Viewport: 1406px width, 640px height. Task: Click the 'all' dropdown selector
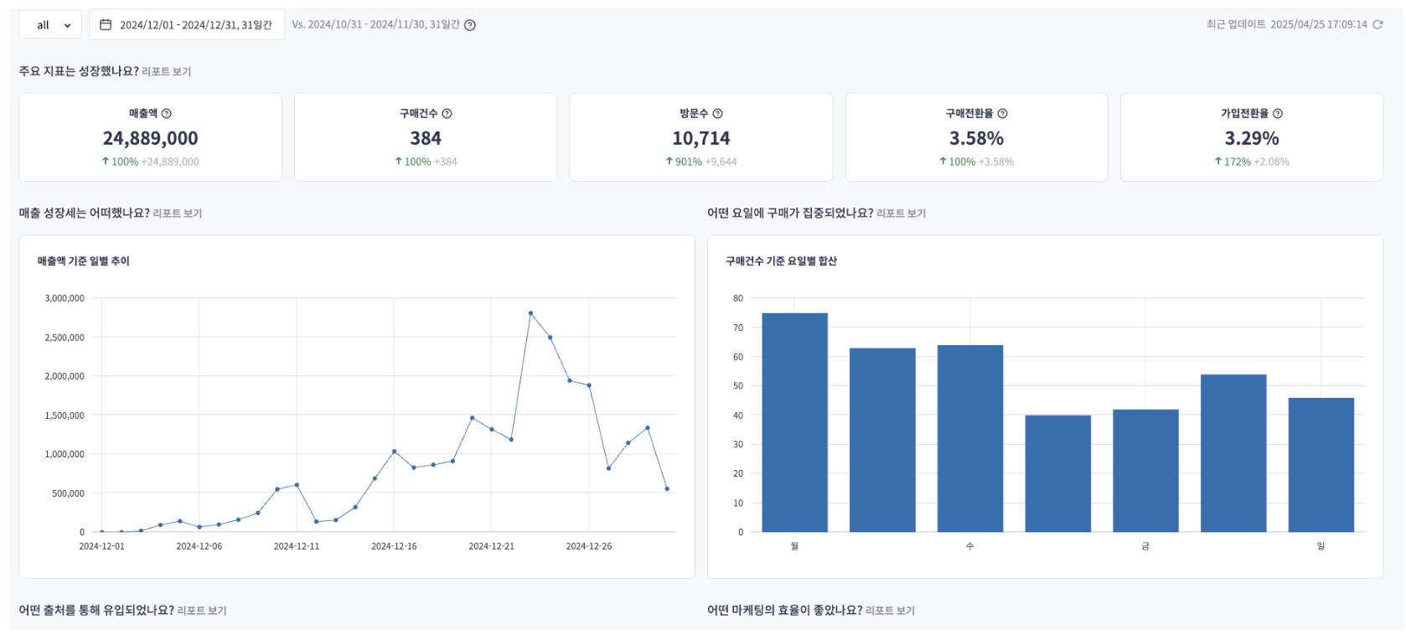click(x=50, y=25)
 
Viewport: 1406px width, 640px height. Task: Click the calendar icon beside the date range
click(x=106, y=25)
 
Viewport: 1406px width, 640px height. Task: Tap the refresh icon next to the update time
click(x=1378, y=24)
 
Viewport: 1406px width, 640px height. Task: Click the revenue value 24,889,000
click(x=150, y=138)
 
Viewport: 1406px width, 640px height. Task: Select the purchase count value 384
click(x=426, y=138)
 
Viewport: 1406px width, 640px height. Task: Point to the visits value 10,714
click(x=700, y=138)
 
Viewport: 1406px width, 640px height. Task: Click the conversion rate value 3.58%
click(x=976, y=138)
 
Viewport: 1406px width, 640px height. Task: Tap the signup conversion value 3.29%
click(x=1252, y=138)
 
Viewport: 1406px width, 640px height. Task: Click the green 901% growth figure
click(x=688, y=162)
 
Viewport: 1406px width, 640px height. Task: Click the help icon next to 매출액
click(x=167, y=114)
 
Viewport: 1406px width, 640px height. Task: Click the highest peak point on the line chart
click(x=530, y=313)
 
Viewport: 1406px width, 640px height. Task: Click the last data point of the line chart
click(x=667, y=488)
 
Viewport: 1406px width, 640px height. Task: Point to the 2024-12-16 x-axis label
click(x=394, y=546)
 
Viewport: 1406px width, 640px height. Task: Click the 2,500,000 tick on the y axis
click(x=65, y=338)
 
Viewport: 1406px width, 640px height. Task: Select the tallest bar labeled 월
click(x=794, y=422)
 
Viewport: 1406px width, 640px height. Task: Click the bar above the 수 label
click(x=969, y=438)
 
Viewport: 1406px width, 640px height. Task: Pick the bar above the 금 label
click(x=1145, y=470)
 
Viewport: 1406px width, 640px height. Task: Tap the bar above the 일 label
click(x=1321, y=464)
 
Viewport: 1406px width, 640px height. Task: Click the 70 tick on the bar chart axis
click(x=738, y=328)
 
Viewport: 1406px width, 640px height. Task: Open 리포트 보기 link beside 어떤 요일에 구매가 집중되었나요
click(x=901, y=214)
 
